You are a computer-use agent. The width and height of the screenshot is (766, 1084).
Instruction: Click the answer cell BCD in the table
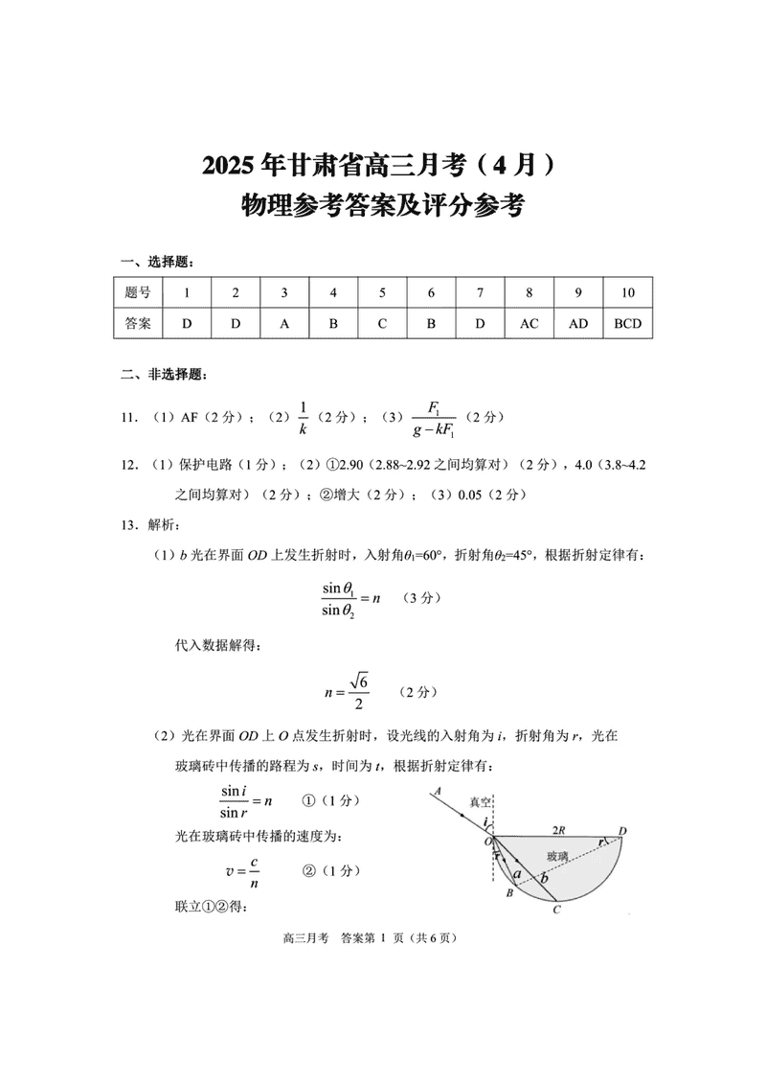tap(627, 324)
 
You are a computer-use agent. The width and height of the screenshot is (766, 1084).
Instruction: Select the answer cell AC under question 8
tap(529, 324)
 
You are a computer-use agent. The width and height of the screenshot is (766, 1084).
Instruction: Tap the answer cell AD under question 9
tap(578, 324)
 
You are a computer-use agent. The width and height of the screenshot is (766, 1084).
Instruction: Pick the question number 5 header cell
tap(382, 292)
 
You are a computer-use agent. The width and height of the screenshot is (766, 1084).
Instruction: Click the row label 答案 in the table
tap(138, 324)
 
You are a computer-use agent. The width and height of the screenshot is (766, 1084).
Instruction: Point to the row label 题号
tap(138, 292)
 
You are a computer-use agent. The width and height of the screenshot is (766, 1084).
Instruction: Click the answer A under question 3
tap(284, 324)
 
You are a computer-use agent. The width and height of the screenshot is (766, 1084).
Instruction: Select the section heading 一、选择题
tap(155, 262)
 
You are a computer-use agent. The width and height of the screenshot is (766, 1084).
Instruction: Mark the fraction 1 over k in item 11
tap(303, 418)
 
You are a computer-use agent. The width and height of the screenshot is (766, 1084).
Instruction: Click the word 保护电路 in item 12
tap(207, 465)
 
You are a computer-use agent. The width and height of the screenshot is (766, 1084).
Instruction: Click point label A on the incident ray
tap(438, 791)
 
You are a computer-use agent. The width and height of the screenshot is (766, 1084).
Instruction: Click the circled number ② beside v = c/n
tap(309, 870)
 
